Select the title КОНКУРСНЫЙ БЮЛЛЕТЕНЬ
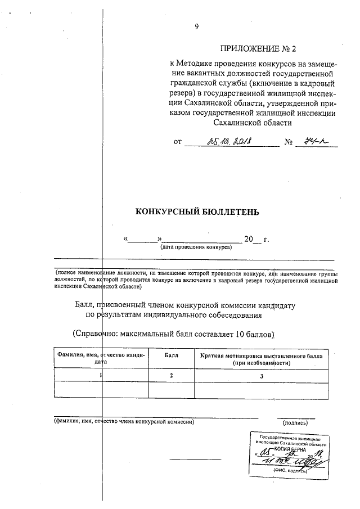(x=197, y=212)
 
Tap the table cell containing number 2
(x=172, y=375)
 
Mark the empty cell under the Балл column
(x=172, y=390)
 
